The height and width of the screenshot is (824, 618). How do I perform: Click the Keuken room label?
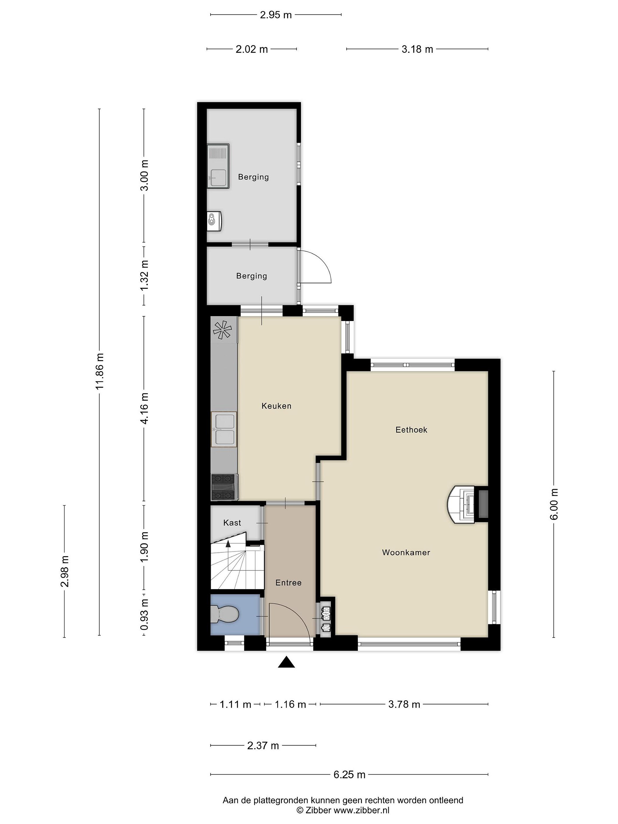click(x=276, y=406)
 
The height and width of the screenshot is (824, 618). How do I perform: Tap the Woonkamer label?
click(x=406, y=552)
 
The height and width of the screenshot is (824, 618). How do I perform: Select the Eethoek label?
click(x=411, y=430)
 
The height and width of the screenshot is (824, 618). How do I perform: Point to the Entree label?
click(x=288, y=583)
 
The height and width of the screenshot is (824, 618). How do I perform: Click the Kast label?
click(x=232, y=523)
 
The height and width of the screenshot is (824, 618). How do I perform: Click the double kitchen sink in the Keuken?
click(x=224, y=429)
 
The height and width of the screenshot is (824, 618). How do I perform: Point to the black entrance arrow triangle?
click(x=286, y=662)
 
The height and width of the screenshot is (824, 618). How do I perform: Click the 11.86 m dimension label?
click(x=100, y=371)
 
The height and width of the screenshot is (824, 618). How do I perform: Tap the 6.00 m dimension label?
click(x=554, y=504)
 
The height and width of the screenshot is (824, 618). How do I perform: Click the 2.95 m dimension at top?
click(x=276, y=15)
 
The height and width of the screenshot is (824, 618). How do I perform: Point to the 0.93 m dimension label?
click(x=144, y=615)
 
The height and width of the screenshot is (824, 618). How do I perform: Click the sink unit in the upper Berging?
click(x=218, y=166)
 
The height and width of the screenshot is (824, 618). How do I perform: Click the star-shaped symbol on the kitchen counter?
click(x=222, y=330)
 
